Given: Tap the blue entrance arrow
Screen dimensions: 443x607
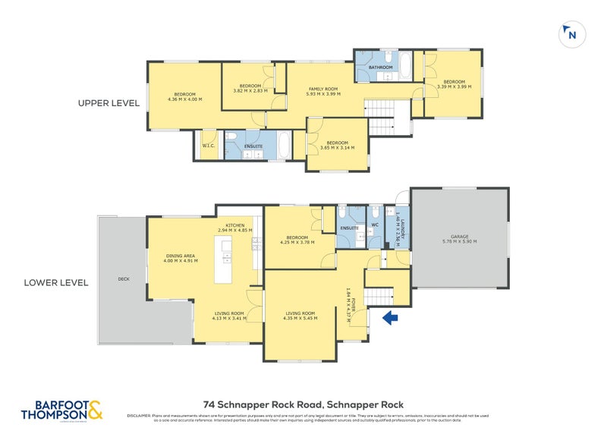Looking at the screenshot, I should pos(391,318).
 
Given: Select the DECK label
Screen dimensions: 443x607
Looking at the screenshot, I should pos(124,279).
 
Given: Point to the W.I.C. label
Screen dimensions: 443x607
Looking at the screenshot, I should pos(208,146).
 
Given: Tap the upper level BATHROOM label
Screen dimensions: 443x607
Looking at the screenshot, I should pos(381,68).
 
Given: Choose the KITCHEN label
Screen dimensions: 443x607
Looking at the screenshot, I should pos(234,225).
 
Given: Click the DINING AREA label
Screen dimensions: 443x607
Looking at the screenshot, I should pos(181,256).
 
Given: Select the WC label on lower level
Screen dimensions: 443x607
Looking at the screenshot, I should pos(375,225).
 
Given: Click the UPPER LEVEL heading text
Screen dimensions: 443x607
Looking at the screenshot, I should pos(109,102).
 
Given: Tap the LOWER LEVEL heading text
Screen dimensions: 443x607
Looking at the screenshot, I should pos(56,282).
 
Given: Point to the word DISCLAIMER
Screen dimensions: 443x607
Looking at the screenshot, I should pos(139,416).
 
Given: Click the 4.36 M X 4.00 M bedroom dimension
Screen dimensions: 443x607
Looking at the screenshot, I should pos(184,99).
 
